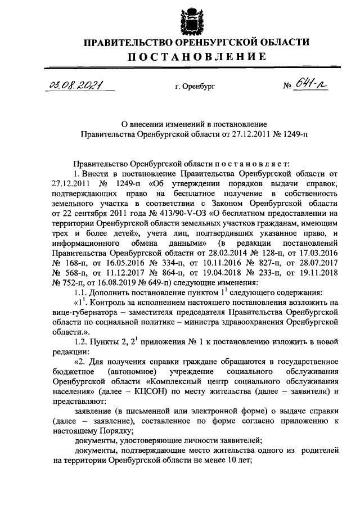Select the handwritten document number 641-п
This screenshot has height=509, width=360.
310,85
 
